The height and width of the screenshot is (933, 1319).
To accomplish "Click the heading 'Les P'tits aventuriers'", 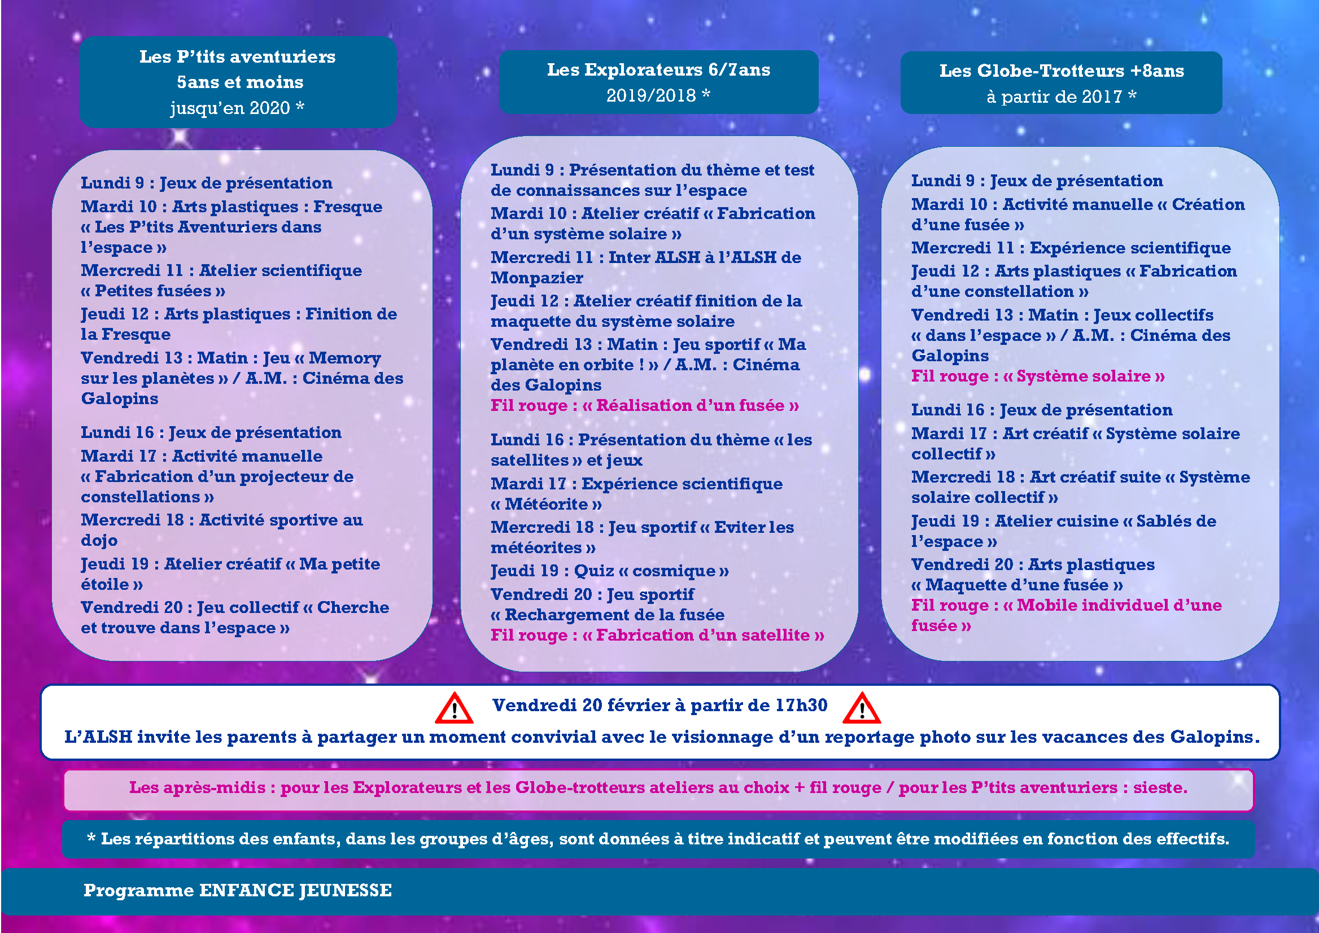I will [237, 56].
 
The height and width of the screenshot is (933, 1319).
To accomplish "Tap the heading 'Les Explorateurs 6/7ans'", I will [658, 69].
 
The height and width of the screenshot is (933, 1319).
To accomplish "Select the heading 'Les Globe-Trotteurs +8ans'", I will [1061, 71].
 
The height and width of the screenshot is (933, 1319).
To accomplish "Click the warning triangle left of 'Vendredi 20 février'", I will [454, 708].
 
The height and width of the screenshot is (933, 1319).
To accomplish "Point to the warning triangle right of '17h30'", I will [861, 708].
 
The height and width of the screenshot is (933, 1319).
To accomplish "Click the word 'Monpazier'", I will [536, 278].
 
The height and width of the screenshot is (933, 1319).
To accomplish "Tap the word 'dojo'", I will [99, 541].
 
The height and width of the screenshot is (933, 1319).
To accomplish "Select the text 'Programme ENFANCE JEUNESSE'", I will [237, 890].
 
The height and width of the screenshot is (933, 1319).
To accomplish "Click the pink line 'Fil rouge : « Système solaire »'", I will [1037, 376].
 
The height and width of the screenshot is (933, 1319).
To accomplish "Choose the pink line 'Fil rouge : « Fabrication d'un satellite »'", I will [657, 636].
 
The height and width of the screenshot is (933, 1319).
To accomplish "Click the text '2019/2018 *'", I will [658, 95].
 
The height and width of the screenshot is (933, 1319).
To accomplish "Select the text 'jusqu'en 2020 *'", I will [237, 108].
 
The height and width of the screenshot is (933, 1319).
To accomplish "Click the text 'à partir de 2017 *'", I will [1061, 97].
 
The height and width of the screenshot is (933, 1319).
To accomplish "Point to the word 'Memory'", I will [345, 358].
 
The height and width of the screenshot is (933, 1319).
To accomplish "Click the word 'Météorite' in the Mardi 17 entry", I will [546, 505].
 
